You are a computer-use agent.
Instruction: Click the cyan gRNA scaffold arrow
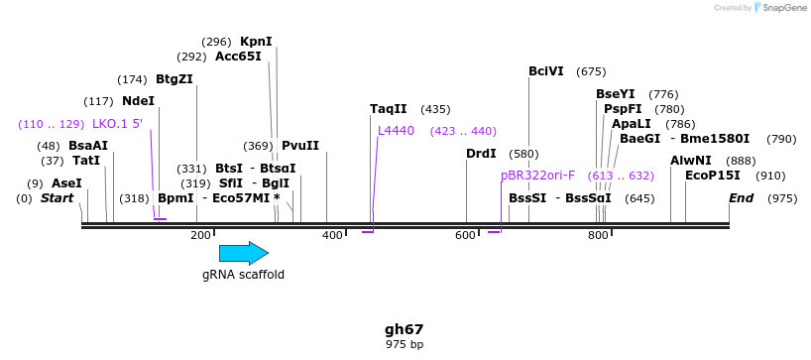point(244,253)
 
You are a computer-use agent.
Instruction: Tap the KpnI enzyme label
point(256,42)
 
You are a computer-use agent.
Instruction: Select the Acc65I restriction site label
point(238,57)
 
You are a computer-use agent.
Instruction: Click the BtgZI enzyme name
point(174,79)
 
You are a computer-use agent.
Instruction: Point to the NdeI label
point(139,101)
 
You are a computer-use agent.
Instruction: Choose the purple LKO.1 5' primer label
point(117,124)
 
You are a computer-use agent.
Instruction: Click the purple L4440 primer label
point(397,131)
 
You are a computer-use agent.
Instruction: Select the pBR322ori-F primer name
point(538,176)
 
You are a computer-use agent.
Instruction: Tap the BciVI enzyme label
point(546,71)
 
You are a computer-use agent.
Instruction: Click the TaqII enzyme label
point(389,109)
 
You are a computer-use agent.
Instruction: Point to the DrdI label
point(482,154)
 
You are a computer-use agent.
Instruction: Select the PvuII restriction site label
point(300,146)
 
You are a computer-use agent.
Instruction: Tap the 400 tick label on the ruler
point(332,236)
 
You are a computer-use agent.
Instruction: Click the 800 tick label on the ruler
point(598,236)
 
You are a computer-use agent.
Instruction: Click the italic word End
point(742,198)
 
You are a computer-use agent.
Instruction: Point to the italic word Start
point(58,198)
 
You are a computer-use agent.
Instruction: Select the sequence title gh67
point(405,329)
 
